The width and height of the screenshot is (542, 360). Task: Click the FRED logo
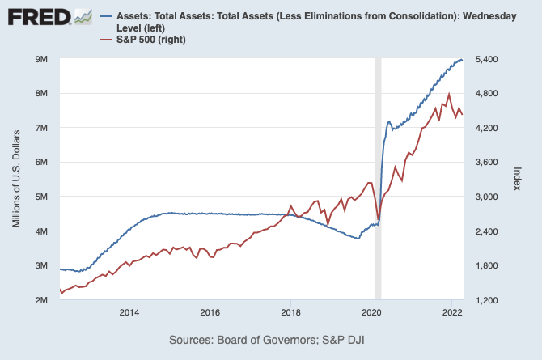tap(49, 15)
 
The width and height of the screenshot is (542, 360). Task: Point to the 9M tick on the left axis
tap(42, 60)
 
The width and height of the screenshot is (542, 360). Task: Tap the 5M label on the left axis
tap(42, 197)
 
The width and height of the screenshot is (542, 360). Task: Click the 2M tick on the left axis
tap(42, 300)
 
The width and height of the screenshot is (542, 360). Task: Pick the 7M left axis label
tap(42, 128)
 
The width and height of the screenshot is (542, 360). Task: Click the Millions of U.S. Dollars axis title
tap(16, 180)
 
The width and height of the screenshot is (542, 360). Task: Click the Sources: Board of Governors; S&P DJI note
tap(272, 339)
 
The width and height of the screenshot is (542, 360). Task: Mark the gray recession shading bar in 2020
tap(378, 178)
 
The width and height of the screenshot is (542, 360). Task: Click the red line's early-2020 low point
tap(379, 219)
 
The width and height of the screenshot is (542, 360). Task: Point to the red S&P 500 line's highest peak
tap(449, 94)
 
